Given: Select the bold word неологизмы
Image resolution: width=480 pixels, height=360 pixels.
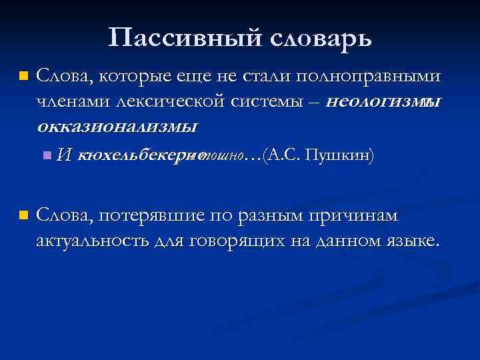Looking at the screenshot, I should [385, 101].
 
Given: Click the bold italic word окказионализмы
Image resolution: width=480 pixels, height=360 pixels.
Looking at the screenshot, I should [117, 125].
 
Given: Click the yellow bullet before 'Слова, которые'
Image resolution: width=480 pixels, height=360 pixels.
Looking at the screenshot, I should [24, 77].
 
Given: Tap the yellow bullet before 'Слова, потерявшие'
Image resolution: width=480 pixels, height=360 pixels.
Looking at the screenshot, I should [24, 216].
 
